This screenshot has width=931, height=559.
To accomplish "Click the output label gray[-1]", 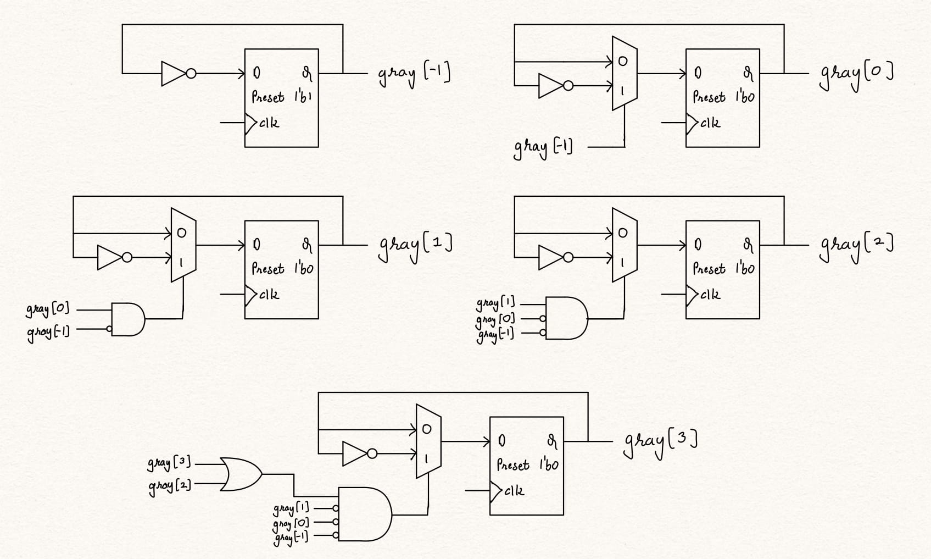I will (414, 75).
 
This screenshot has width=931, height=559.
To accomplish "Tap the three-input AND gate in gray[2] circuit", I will (566, 318).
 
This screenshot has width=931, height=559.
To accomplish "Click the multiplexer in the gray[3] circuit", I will (428, 441).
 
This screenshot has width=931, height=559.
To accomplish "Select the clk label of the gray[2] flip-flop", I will (710, 295).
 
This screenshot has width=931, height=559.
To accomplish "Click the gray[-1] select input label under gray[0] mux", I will (543, 148).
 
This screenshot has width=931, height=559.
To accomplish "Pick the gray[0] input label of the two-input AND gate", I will (48, 309).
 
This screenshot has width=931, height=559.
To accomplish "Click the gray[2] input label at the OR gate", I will (169, 486).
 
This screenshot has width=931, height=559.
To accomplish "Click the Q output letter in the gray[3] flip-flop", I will (552, 440).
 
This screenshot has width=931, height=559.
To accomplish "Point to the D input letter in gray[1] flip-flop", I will (257, 245).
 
